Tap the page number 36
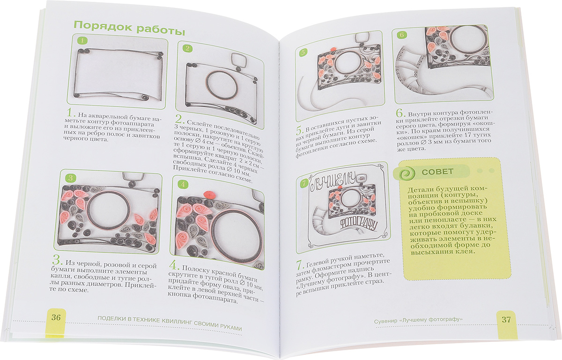pyautogui.click(x=56, y=317)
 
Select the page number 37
pyautogui.click(x=506, y=320)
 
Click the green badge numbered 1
pyautogui.click(x=82, y=41)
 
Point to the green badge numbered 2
pyautogui.click(x=187, y=48)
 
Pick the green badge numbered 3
pyautogui.click(x=71, y=178)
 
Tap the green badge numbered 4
pyautogui.click(x=183, y=185)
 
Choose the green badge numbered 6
pyautogui.click(x=402, y=35)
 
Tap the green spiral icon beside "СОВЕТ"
pyautogui.click(x=407, y=173)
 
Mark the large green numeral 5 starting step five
pyautogui.click(x=300, y=131)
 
